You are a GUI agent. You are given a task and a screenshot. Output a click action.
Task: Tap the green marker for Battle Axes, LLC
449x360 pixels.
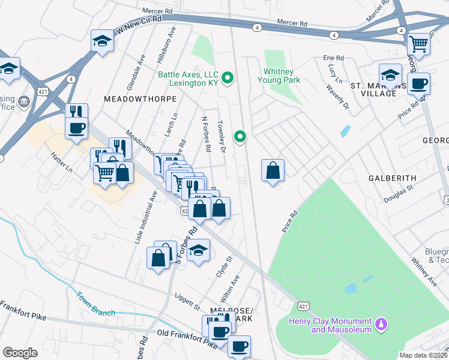tap(228, 77)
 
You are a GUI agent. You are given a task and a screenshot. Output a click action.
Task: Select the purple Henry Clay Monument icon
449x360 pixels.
tap(379, 325)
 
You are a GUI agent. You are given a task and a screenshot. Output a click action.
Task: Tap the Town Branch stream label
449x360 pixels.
tap(95, 304)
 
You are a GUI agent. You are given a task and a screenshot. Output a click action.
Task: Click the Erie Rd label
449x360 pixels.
tap(333, 58)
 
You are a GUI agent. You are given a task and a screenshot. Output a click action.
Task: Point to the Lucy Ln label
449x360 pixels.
tap(334, 75)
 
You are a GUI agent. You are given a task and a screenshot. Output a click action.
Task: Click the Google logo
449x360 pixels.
tap(20, 353)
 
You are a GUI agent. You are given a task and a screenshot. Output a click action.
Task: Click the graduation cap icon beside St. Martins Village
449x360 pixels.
tap(391, 75)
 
